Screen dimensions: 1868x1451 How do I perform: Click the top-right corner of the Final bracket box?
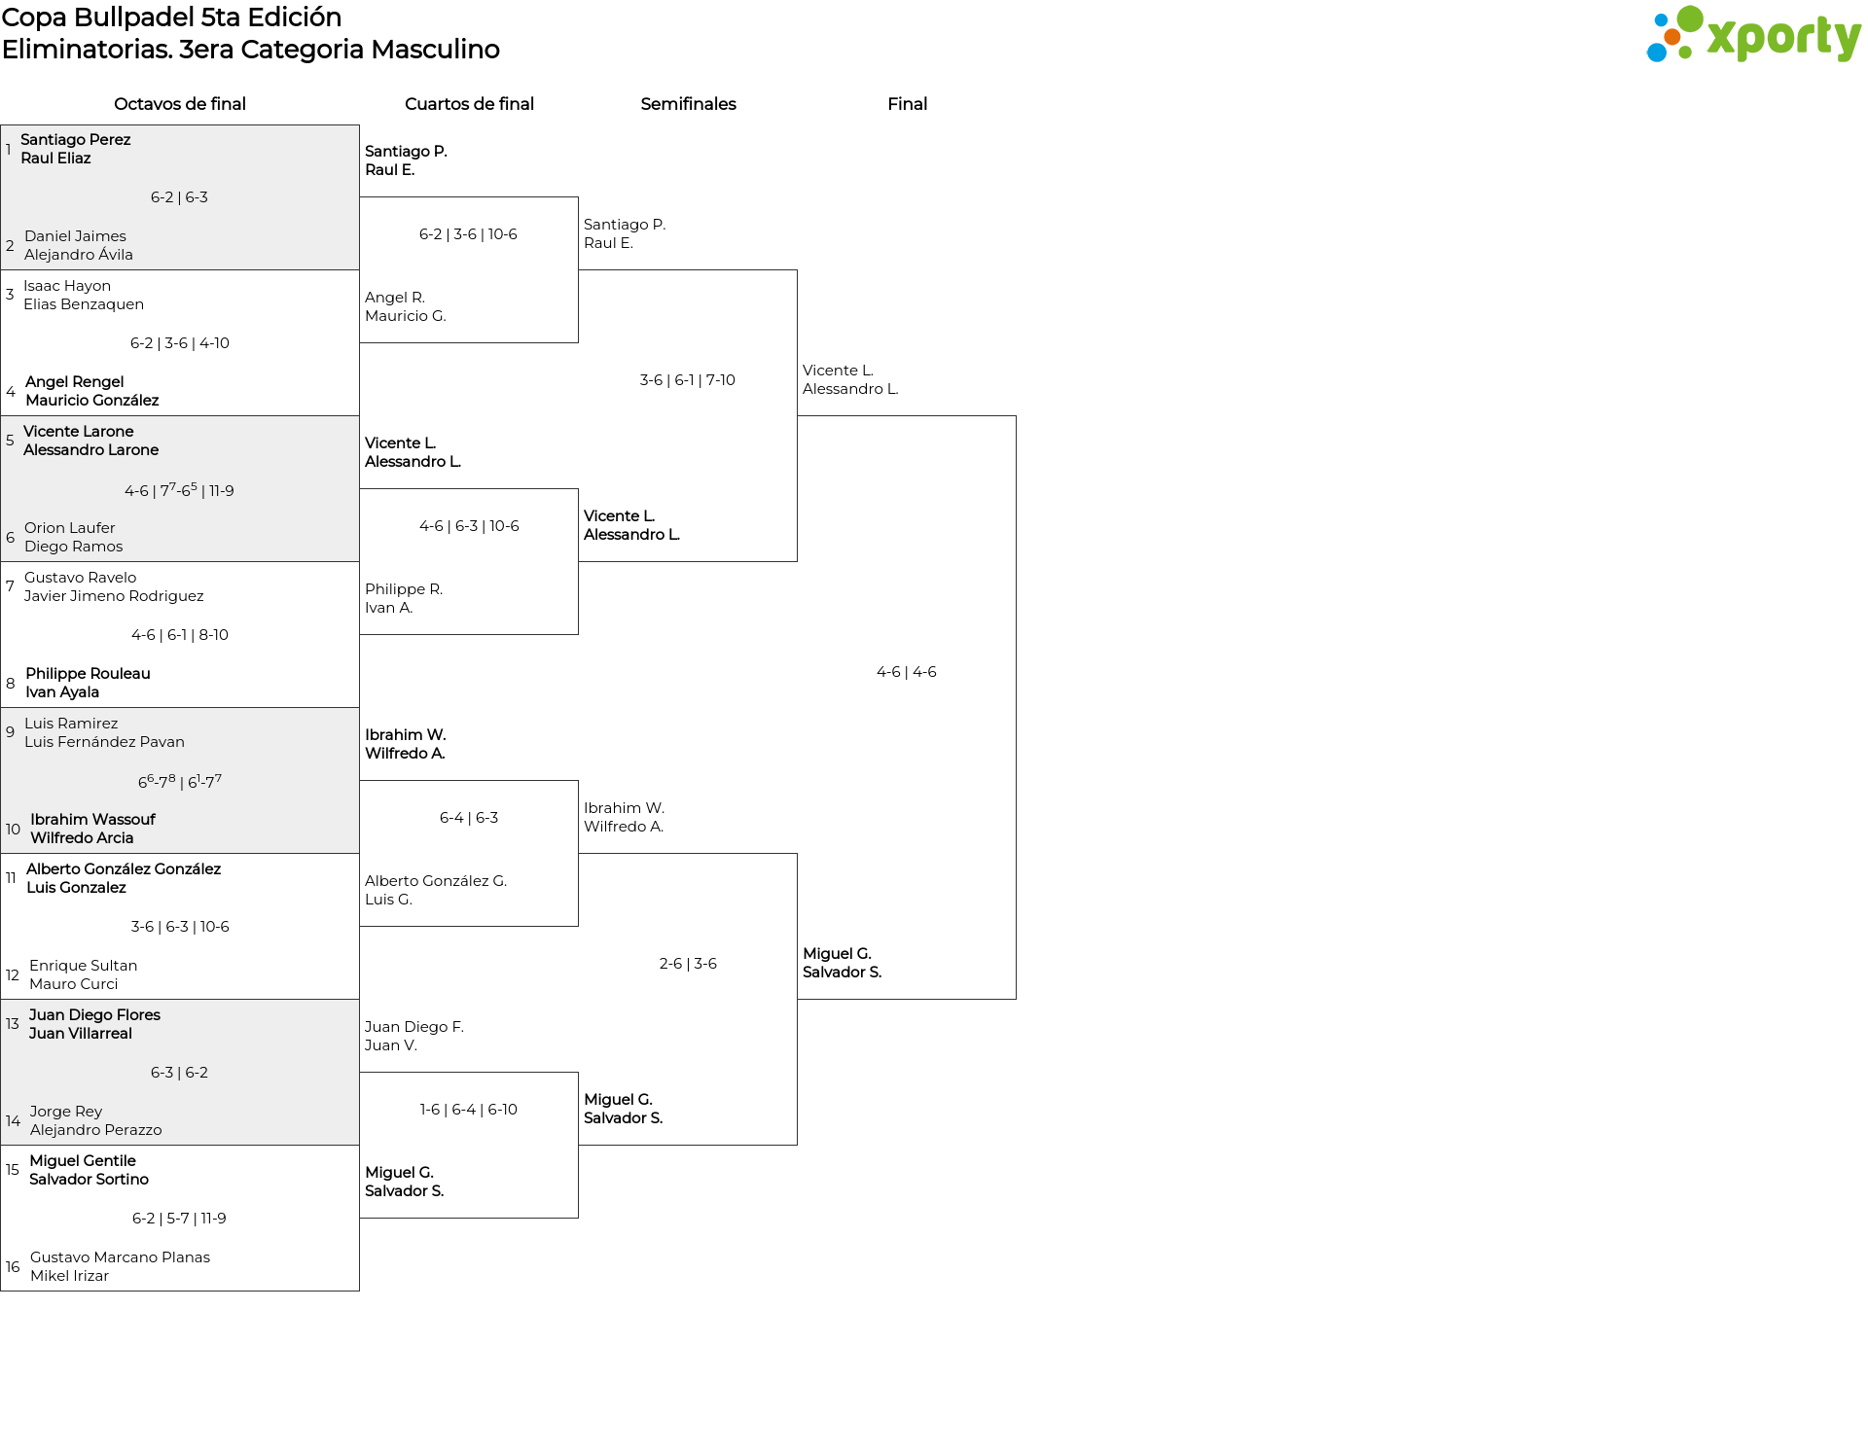(x=1016, y=416)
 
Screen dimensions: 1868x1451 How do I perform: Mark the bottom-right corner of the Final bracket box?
(x=1016, y=999)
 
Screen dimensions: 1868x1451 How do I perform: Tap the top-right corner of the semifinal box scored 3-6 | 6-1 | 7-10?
(x=797, y=270)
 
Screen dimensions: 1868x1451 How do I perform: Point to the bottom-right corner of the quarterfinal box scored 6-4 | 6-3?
(x=578, y=926)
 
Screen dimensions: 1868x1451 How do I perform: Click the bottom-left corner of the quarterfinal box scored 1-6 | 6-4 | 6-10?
(x=360, y=1218)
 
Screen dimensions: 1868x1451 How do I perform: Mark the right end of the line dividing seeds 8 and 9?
(x=359, y=708)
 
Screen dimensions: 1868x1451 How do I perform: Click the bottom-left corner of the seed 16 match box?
(x=1, y=1291)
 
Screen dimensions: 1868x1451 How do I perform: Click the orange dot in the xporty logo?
(x=1671, y=37)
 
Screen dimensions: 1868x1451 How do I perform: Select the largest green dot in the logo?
(x=1690, y=19)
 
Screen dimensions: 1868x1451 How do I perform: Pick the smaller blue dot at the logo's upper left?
(x=1660, y=18)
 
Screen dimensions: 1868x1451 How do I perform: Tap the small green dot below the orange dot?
(x=1684, y=54)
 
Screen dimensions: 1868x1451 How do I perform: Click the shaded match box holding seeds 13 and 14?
(x=180, y=1072)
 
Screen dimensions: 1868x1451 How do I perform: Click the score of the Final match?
(x=907, y=672)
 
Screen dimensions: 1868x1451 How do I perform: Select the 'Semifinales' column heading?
(x=688, y=104)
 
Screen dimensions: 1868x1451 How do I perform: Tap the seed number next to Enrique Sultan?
(x=13, y=974)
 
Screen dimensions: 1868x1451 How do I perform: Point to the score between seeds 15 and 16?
(x=179, y=1219)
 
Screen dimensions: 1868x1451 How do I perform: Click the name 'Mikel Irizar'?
(x=69, y=1276)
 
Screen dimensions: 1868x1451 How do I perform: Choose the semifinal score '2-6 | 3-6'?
(x=688, y=964)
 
